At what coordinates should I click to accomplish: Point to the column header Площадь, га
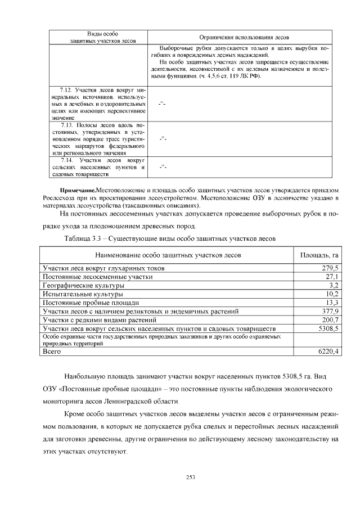click(x=318, y=255)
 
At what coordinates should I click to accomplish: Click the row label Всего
click(x=52, y=352)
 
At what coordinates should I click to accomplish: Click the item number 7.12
click(x=68, y=90)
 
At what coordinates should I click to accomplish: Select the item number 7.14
click(x=69, y=160)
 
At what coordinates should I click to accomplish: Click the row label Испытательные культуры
click(x=83, y=294)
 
